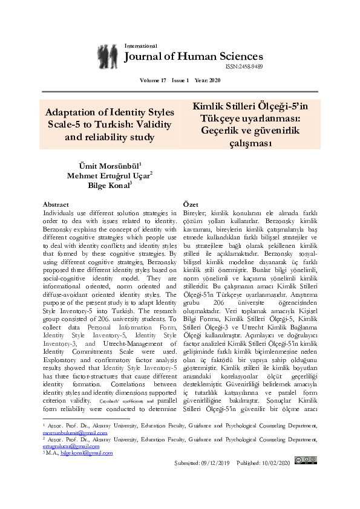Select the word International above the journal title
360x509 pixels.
pos(140,46)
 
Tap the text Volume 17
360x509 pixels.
pos(152,80)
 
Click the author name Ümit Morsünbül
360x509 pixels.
pos(110,165)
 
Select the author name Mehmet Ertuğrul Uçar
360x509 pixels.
pos(110,175)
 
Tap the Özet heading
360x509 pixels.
pos(191,205)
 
